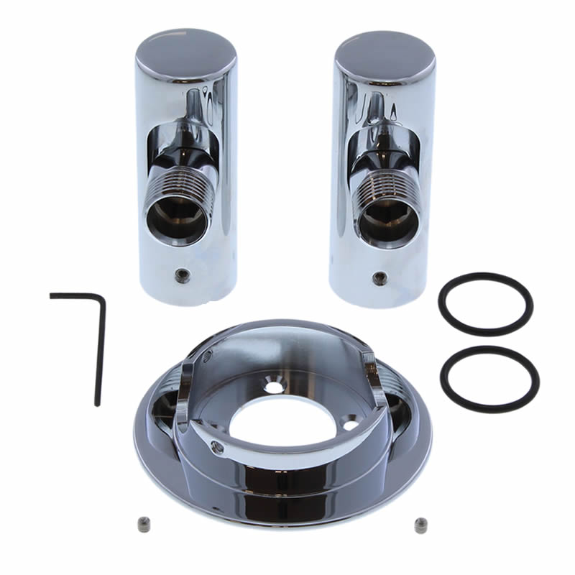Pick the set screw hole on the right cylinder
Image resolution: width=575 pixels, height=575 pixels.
[x=378, y=276]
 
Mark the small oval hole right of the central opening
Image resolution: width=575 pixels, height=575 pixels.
[x=350, y=425]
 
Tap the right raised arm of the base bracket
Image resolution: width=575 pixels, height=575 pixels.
[x=368, y=377]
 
